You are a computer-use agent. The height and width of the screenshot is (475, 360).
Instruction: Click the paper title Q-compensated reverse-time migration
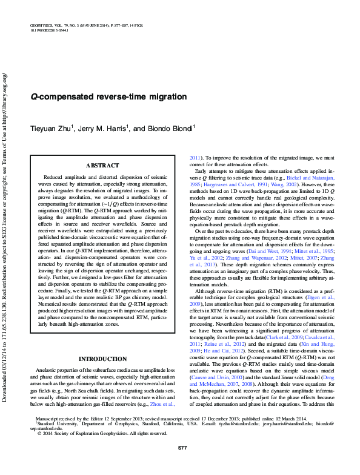[108, 97]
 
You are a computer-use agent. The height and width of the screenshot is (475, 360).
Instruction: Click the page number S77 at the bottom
[182, 464]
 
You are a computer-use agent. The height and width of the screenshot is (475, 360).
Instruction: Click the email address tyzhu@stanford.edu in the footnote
[245, 440]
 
